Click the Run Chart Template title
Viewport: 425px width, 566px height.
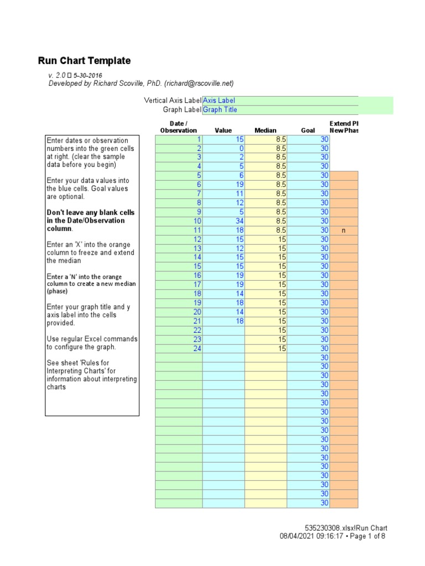click(84, 61)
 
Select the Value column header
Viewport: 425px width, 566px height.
click(223, 130)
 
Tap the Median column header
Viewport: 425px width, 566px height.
click(265, 130)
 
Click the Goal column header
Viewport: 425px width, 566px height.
click(308, 130)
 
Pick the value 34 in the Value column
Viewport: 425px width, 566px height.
click(240, 221)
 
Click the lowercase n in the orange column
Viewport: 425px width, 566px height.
click(344, 230)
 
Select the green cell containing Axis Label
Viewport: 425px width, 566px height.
click(219, 101)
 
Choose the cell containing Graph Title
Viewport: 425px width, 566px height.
click(220, 109)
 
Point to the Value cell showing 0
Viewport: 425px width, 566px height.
click(241, 149)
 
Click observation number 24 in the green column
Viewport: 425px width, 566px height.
click(198, 348)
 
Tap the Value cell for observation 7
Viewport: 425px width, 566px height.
click(240, 194)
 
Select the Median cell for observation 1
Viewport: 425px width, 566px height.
click(281, 140)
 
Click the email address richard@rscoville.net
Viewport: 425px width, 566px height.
click(199, 83)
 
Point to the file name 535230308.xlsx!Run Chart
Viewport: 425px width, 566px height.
click(346, 528)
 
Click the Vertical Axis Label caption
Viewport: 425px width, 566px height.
click(172, 101)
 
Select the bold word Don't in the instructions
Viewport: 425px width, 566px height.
click(56, 213)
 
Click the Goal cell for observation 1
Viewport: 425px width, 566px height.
click(324, 140)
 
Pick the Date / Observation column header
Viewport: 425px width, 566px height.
click(178, 127)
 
